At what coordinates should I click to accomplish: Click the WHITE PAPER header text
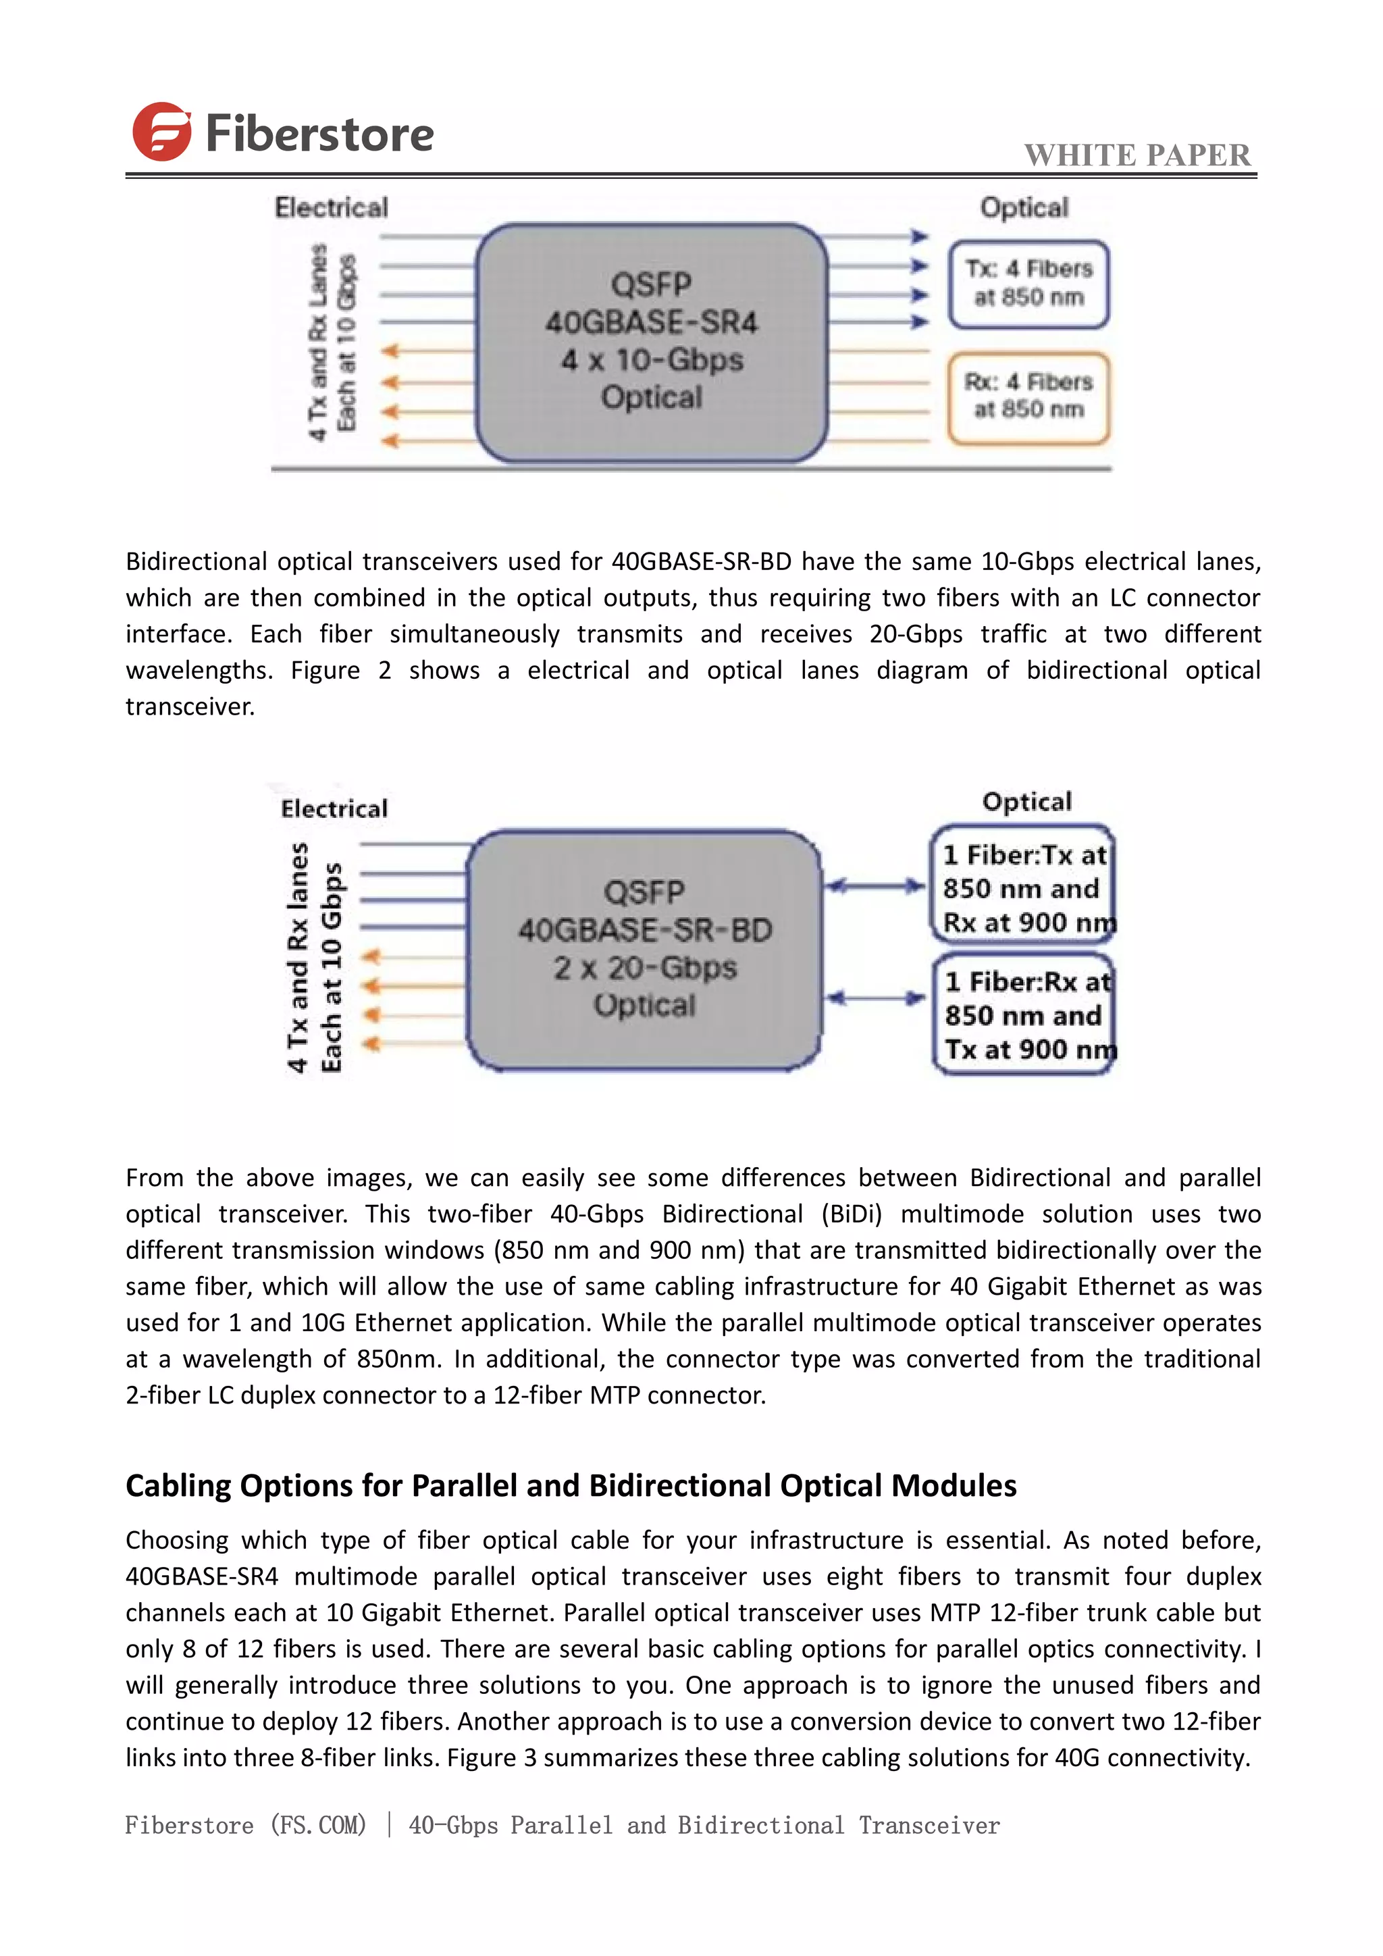(x=1137, y=155)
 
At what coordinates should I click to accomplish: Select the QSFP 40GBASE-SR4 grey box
(x=652, y=342)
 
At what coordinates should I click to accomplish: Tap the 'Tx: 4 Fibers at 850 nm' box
(x=1028, y=284)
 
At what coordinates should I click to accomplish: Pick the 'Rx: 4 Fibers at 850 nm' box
(x=1028, y=397)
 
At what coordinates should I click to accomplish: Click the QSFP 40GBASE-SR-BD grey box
(x=644, y=949)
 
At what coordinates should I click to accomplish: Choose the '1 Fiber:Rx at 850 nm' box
(x=1024, y=1014)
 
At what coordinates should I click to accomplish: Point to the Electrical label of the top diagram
(x=332, y=208)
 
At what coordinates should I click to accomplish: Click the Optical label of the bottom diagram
(x=1026, y=802)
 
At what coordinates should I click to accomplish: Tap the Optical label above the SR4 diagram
(x=1024, y=208)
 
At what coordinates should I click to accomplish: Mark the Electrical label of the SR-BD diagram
(x=334, y=808)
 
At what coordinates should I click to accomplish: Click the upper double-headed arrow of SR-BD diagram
(x=875, y=887)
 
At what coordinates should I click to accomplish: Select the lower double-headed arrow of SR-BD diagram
(x=875, y=998)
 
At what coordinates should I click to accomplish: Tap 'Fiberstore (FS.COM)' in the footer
(x=245, y=1825)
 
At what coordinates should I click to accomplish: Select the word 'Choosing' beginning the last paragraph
(x=176, y=1539)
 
